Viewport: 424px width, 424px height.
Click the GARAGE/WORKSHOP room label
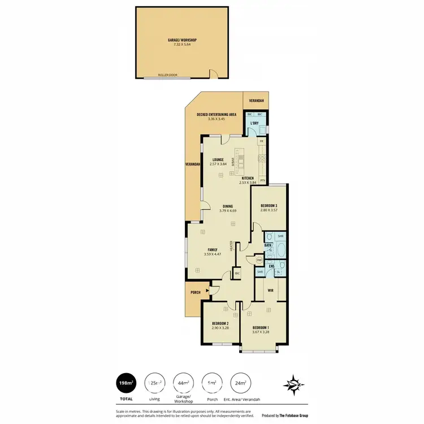pos(181,40)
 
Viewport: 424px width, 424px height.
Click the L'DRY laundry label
pos(254,123)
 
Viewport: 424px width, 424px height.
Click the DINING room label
pos(228,206)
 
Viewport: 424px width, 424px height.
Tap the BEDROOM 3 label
pos(269,205)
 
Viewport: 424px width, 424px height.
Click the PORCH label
pos(195,292)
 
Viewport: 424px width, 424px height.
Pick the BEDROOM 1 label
pos(261,328)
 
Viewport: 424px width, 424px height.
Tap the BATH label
pos(268,245)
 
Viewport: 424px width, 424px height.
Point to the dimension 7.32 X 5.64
pos(181,44)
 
